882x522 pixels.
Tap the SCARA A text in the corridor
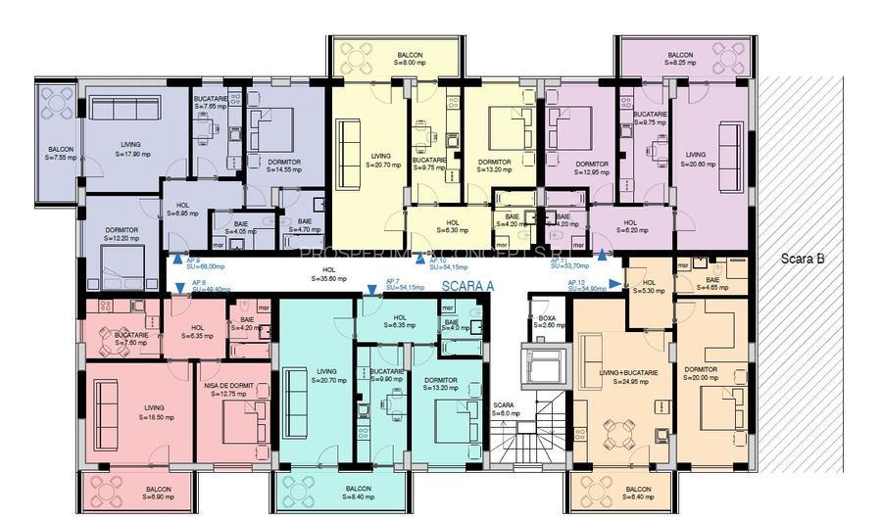(468, 286)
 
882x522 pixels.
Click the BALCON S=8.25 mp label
(680, 59)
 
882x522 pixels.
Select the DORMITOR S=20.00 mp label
(701, 373)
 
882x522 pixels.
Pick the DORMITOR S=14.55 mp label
(277, 166)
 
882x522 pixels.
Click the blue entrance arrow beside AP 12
(614, 283)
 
